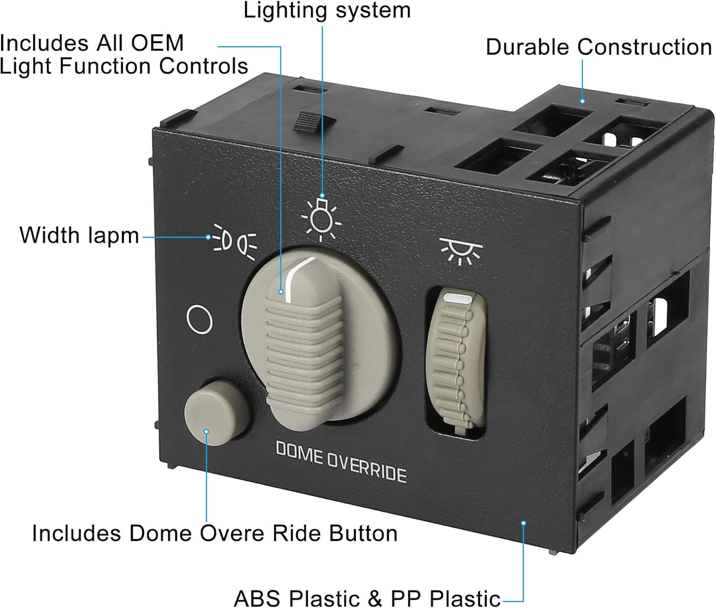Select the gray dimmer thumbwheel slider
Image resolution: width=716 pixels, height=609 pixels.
455,362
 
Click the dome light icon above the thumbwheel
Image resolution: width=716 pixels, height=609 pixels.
461,250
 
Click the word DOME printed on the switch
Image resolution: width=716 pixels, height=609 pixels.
299,453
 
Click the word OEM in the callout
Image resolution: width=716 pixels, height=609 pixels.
157,43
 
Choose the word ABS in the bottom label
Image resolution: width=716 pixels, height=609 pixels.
258,598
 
